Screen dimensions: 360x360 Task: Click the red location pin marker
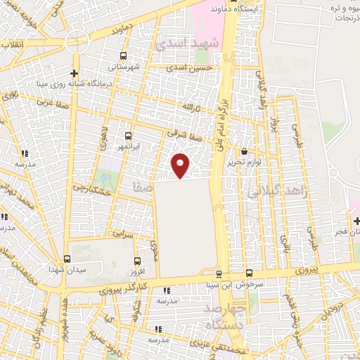pyautogui.click(x=181, y=164)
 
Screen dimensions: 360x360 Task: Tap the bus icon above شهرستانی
pyautogui.click(x=124, y=56)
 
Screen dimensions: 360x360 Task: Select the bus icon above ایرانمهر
pyautogui.click(x=128, y=136)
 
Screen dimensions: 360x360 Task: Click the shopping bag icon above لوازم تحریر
pyautogui.click(x=244, y=151)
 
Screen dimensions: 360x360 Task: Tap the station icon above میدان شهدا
pyautogui.click(x=67, y=259)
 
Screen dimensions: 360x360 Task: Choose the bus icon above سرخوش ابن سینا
pyautogui.click(x=250, y=274)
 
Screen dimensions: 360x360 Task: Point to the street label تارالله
pyautogui.click(x=193, y=107)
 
